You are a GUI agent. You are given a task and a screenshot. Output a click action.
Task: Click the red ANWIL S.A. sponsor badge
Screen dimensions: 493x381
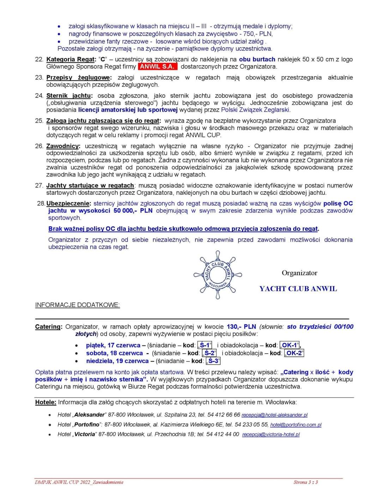pos(158,66)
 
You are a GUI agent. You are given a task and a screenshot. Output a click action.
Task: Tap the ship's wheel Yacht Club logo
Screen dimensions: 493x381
pos(218,275)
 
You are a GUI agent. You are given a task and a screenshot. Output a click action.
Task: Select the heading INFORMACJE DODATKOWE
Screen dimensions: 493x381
pos(77,305)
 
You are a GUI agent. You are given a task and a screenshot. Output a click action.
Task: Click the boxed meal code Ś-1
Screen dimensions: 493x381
pos(205,345)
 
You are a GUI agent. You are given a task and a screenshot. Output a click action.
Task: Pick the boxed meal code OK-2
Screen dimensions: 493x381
pos(294,353)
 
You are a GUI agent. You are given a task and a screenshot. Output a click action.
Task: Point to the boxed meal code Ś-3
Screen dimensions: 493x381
pos(213,361)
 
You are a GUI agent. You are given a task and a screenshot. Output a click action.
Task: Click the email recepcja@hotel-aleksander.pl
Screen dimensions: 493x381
pos(274,415)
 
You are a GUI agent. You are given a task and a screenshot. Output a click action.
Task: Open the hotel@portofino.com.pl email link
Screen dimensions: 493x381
pos(296,425)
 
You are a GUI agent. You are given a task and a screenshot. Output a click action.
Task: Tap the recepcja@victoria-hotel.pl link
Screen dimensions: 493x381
pos(271,434)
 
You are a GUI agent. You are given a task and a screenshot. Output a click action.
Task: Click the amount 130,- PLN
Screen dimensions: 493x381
pos(241,327)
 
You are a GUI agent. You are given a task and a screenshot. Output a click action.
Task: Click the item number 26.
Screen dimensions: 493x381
pos(39,146)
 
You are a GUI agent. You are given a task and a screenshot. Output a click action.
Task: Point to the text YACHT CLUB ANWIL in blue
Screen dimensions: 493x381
pos(298,289)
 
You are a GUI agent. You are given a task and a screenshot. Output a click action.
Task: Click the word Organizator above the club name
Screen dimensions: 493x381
pos(300,273)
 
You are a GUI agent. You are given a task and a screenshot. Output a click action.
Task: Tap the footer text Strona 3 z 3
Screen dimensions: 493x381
pos(306,482)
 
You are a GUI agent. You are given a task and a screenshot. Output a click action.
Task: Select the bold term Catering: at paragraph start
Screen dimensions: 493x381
pos(49,327)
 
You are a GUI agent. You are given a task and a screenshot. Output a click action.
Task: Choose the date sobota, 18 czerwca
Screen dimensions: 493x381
pos(114,353)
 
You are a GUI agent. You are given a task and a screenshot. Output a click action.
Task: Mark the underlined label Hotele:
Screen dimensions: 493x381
pos(46,402)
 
